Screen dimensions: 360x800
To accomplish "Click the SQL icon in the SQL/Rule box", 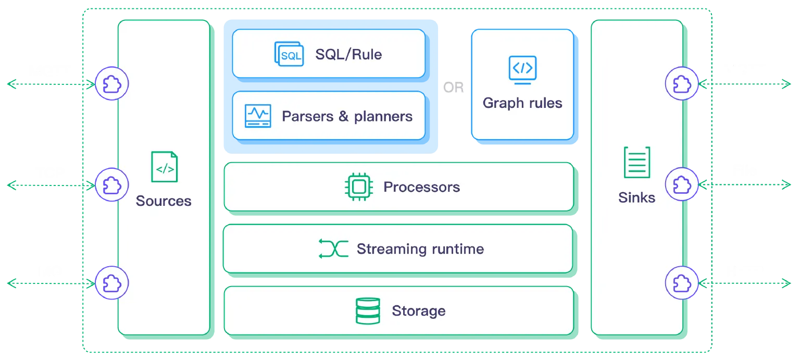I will (289, 54).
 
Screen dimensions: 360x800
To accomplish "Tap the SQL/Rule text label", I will (348, 54).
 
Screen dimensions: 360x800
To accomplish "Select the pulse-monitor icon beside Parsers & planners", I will (258, 116).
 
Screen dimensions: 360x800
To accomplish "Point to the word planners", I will (383, 116).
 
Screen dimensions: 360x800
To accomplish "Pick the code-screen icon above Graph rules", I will (522, 70).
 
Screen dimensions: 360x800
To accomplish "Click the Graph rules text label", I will (522, 103).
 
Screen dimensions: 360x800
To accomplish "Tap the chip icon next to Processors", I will (358, 187).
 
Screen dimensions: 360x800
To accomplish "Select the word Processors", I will (422, 187).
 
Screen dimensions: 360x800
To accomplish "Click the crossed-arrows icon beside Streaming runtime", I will (333, 249).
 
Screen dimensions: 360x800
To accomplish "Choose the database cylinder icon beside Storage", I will (367, 311).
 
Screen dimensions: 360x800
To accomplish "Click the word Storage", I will (419, 311).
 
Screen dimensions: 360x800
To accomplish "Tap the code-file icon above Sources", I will (164, 167).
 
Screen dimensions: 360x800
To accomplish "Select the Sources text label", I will (164, 201).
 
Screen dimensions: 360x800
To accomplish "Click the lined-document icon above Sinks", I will (637, 163).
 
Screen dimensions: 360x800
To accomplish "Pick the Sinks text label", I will (636, 197).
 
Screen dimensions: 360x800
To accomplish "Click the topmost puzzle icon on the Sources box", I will (111, 83).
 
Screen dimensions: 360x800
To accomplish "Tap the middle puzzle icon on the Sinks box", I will (682, 184).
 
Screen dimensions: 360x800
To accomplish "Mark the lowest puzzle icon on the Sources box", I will (111, 283).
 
